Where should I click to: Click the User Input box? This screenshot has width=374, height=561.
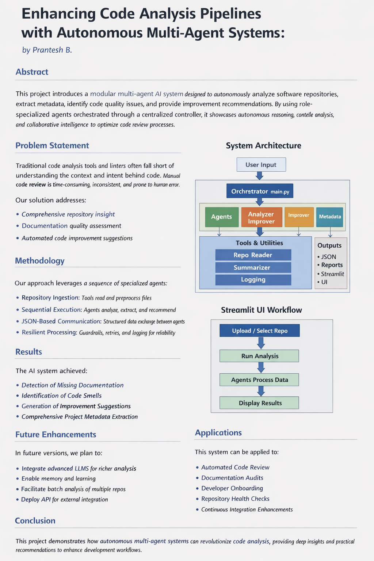[x=261, y=165]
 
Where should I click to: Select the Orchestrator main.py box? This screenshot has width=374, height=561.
[x=260, y=191]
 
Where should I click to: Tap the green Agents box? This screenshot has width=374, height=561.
[x=221, y=217]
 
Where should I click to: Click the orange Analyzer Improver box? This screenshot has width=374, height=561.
[x=262, y=218]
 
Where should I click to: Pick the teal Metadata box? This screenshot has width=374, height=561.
[x=330, y=217]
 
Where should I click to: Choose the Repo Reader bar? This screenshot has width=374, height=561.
[x=253, y=255]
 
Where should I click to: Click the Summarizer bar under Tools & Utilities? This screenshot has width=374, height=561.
[x=253, y=267]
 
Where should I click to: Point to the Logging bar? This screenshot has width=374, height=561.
[x=253, y=279]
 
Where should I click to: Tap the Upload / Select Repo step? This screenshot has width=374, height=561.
[x=260, y=331]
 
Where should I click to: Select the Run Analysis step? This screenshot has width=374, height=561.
[x=260, y=356]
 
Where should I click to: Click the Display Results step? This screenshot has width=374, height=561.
[x=260, y=403]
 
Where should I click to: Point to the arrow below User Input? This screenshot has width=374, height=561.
[x=259, y=176]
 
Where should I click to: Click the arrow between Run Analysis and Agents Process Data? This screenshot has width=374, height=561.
[x=261, y=367]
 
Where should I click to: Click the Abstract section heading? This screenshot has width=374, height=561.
[x=32, y=72]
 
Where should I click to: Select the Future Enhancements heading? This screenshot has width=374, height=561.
[x=56, y=434]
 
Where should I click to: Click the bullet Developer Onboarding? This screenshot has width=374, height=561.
[x=232, y=488]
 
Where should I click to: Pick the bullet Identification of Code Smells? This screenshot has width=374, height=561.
[x=61, y=396]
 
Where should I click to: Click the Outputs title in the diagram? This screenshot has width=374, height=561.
[x=329, y=245]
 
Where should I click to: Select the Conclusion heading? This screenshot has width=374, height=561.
[x=35, y=520]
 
